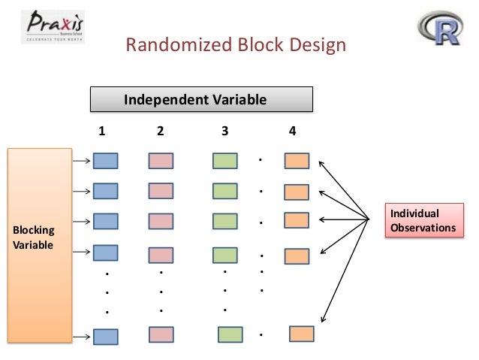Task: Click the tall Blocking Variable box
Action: (x=38, y=246)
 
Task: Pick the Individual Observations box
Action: (x=420, y=220)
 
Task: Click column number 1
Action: (x=103, y=131)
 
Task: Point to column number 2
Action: (x=160, y=131)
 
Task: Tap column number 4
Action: (x=293, y=131)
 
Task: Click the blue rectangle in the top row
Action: (x=106, y=160)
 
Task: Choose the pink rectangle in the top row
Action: (x=161, y=160)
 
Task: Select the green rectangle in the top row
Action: (x=225, y=160)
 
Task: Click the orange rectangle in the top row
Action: (x=297, y=160)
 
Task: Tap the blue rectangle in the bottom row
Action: (x=106, y=336)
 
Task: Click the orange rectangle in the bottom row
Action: (x=302, y=334)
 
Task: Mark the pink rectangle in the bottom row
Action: (x=161, y=334)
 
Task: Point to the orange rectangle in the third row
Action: (x=297, y=220)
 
